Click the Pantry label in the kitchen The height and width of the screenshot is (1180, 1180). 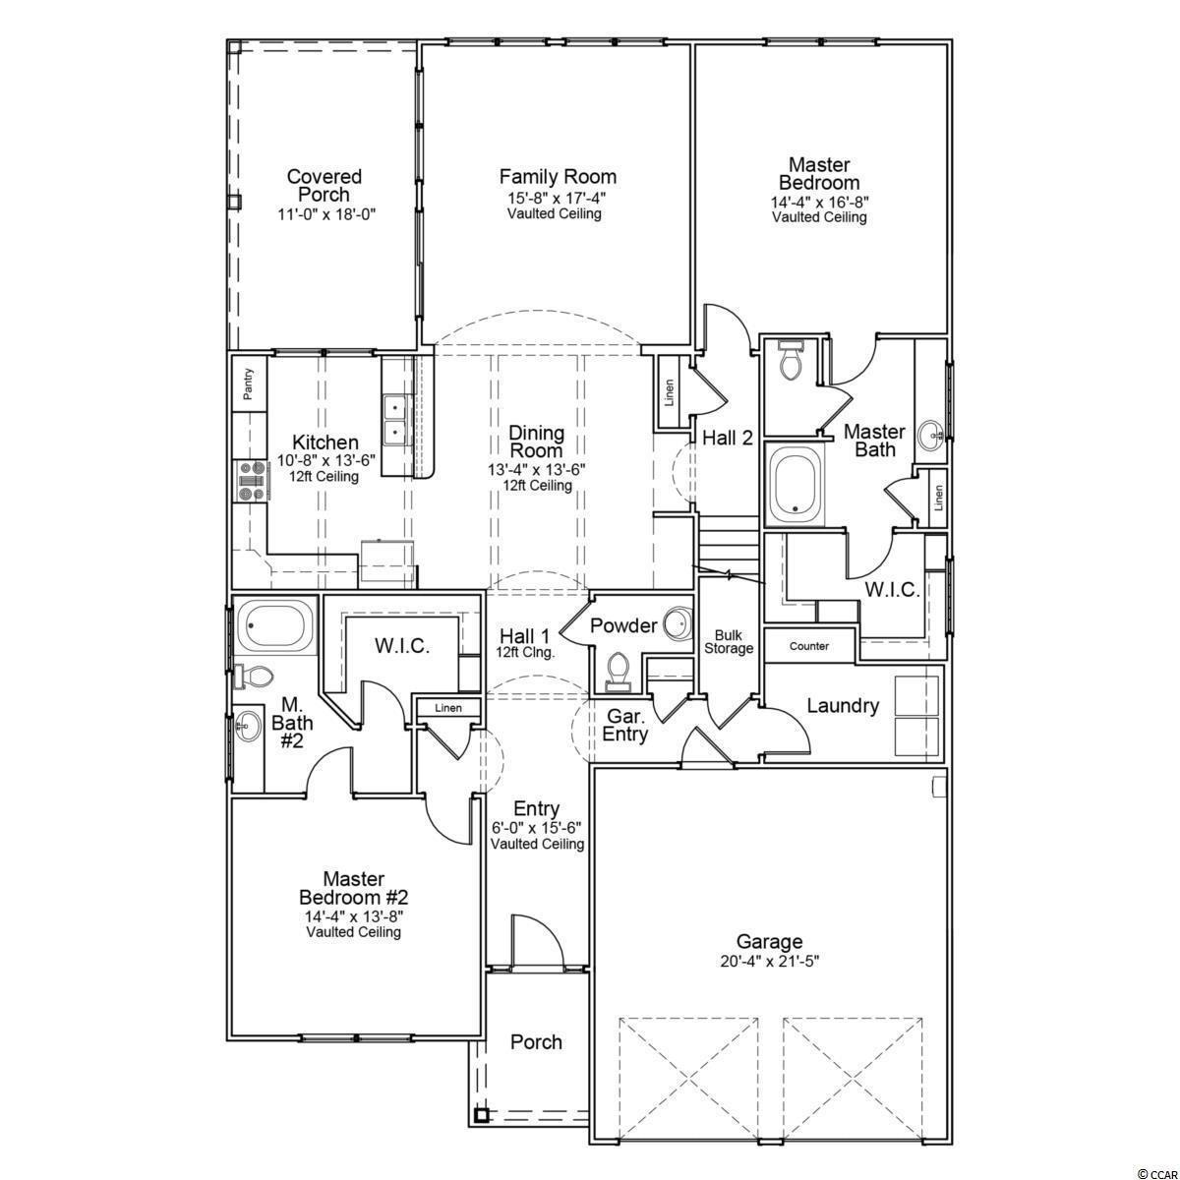(248, 383)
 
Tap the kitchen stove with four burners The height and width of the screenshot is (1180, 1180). (251, 481)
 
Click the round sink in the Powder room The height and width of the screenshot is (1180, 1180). (678, 622)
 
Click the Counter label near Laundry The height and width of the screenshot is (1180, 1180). (808, 646)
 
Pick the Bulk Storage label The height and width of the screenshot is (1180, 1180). (728, 642)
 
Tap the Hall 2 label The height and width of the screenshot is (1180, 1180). (728, 438)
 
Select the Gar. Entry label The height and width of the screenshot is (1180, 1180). (624, 725)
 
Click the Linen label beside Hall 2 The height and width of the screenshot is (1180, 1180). (669, 392)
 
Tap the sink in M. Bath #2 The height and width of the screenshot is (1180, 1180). (248, 728)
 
